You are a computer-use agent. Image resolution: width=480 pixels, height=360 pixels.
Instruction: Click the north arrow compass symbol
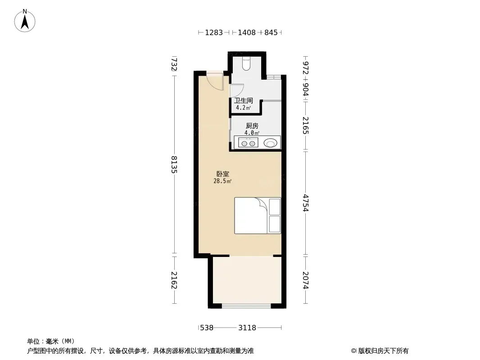pos(25,21)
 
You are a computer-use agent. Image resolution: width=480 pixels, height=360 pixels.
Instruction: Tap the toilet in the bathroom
pos(247,63)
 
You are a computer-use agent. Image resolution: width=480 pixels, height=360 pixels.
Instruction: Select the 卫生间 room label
pos(244,100)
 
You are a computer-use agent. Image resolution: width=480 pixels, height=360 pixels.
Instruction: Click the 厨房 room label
pos(252,126)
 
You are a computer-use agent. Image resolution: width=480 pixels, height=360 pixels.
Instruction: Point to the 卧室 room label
pos(222,174)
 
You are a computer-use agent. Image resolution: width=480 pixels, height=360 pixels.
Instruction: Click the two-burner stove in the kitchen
pos(248,143)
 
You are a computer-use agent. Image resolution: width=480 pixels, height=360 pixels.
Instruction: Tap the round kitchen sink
pos(270,143)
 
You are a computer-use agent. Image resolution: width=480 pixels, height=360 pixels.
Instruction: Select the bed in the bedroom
pos(258,216)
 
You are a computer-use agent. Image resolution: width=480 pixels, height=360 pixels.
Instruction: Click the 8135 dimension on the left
pos(174,165)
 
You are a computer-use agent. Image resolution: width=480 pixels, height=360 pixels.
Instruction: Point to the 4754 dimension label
pos(305,203)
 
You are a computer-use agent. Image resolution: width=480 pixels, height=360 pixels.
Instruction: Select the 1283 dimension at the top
pos(214,32)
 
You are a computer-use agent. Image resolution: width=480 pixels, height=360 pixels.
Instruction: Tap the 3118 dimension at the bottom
pos(247,328)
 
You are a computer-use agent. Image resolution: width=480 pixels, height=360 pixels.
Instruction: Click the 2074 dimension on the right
pos(305,280)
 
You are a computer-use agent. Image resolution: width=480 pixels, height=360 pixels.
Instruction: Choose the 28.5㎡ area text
pos(222,181)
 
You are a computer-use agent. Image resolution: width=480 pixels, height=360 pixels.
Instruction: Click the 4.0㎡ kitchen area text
pos(252,133)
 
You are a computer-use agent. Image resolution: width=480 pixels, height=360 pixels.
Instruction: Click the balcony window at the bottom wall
pos(246,306)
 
